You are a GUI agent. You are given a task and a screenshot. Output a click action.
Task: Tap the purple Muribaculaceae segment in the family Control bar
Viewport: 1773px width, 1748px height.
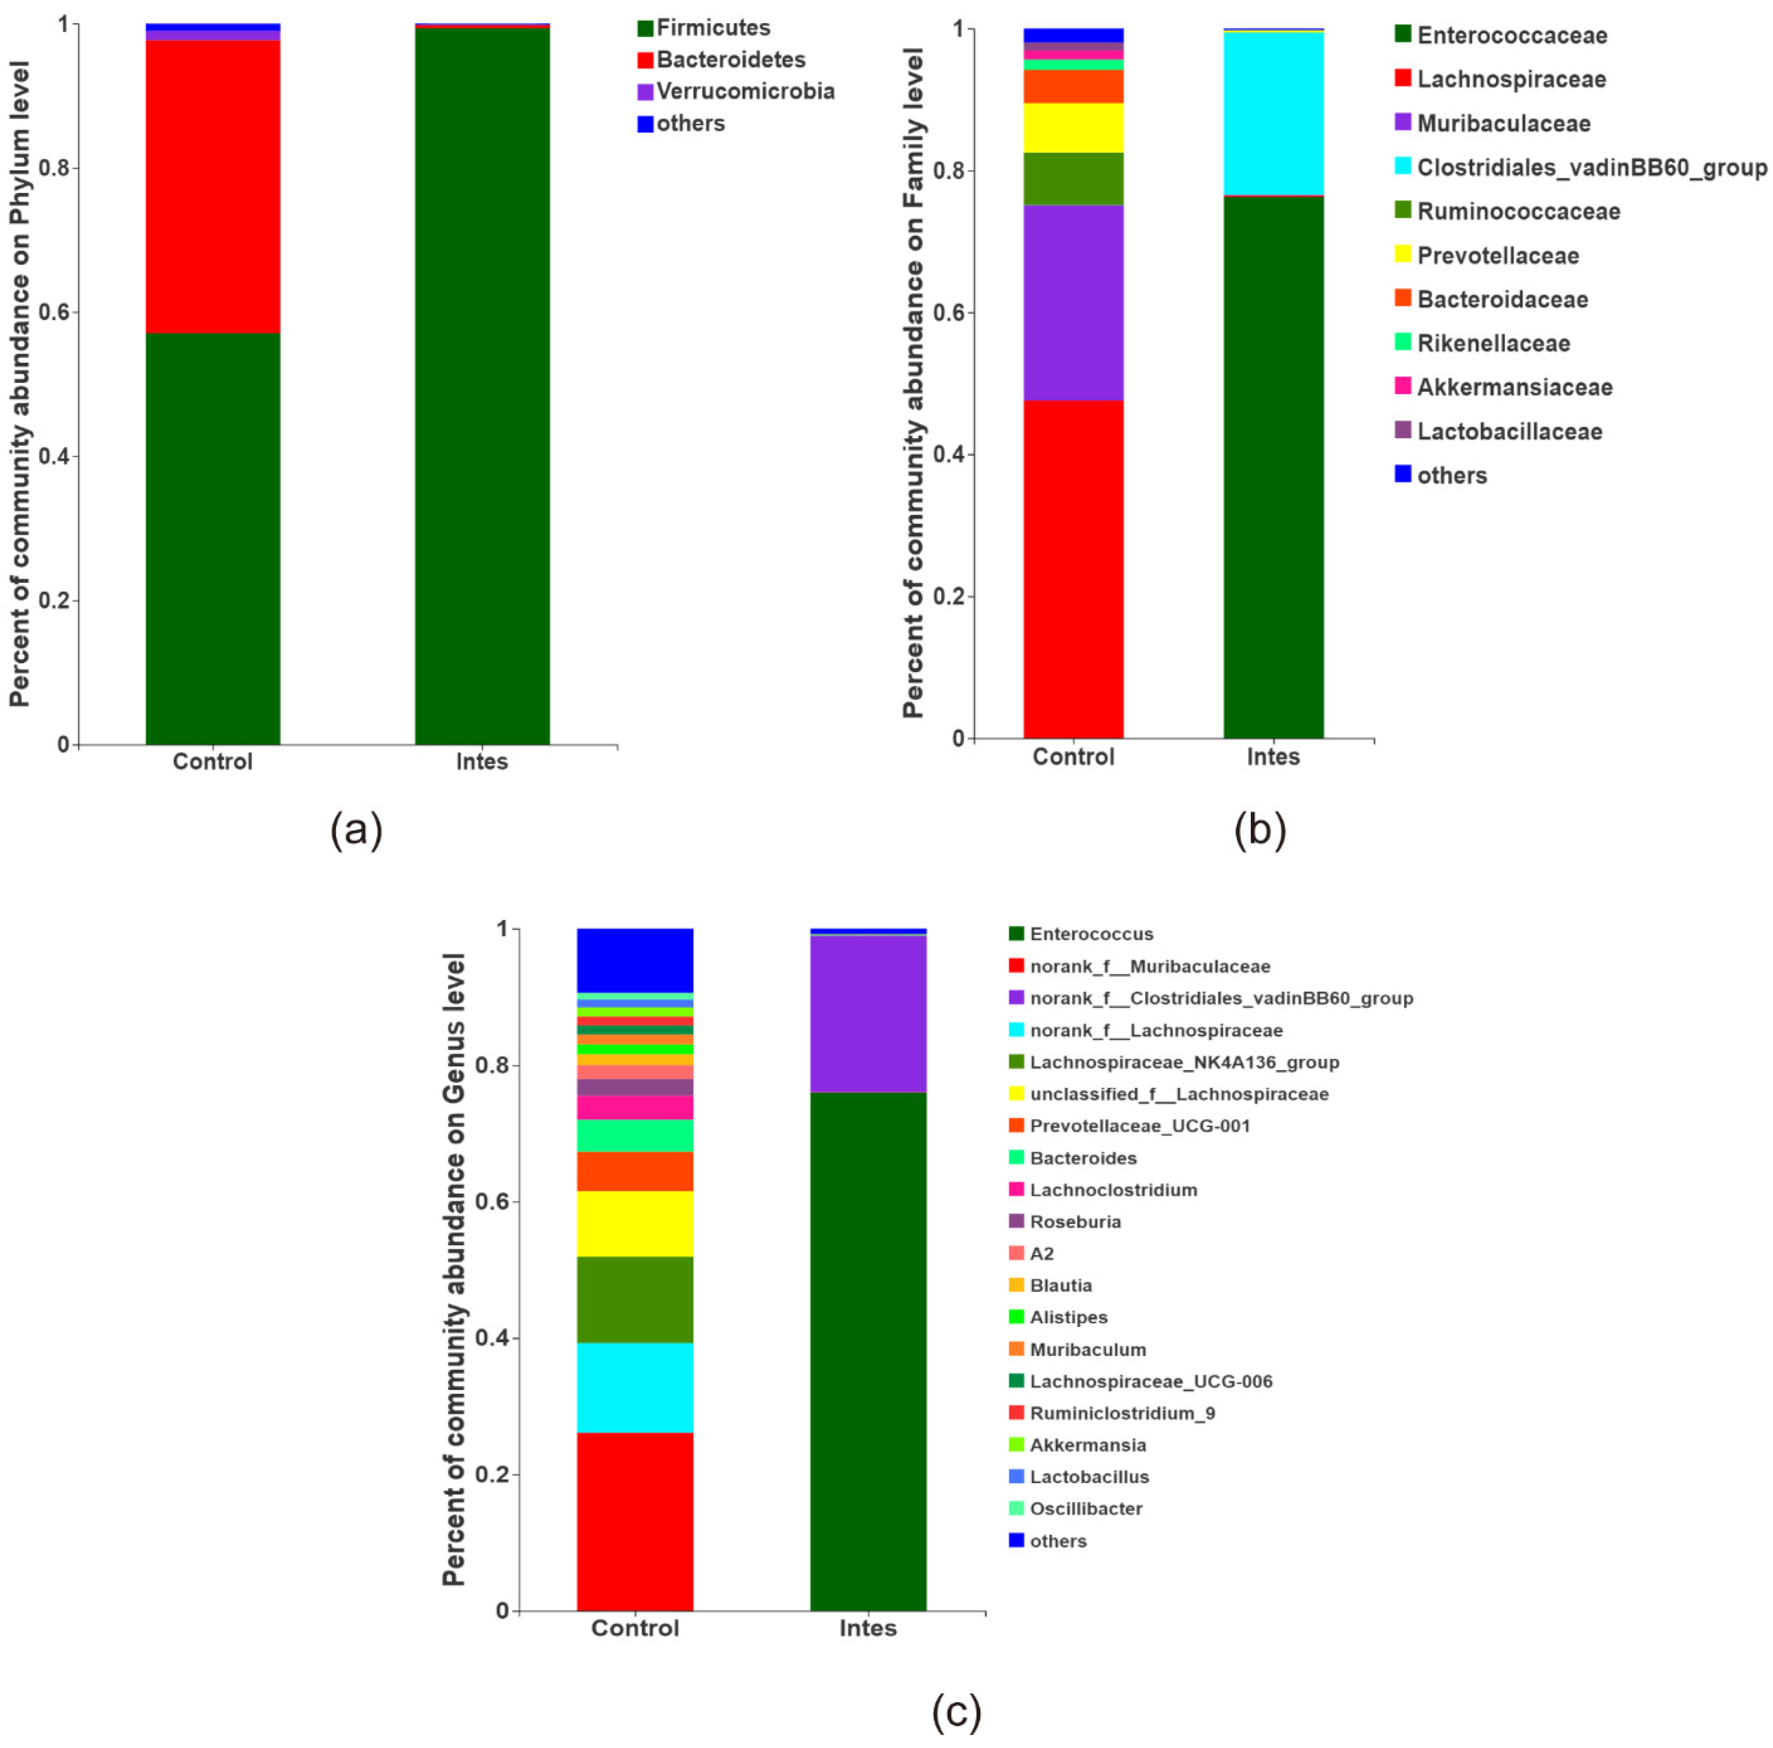point(1073,303)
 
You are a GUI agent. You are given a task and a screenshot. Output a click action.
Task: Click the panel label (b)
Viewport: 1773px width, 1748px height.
point(1260,830)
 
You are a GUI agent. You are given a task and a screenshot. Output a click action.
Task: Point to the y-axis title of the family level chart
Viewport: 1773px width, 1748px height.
point(913,384)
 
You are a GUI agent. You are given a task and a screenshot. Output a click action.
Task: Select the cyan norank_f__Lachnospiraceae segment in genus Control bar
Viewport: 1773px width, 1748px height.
point(635,1388)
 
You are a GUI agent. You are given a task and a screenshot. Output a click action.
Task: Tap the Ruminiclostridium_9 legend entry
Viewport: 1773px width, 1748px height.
point(1121,1413)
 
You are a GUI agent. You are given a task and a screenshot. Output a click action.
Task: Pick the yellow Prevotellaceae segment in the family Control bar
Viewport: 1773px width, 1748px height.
point(1073,128)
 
